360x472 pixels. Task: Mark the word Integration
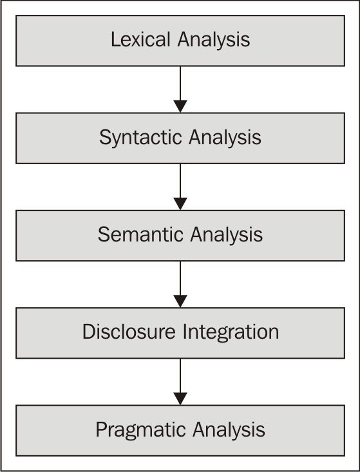pos(232,332)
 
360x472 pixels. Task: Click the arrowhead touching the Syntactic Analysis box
pos(180,106)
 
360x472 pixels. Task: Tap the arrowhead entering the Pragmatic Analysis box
pos(180,399)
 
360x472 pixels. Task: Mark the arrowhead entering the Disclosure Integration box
pos(180,301)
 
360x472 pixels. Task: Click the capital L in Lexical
pos(115,40)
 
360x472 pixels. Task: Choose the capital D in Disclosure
pos(88,332)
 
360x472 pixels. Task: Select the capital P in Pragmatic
pos(101,430)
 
